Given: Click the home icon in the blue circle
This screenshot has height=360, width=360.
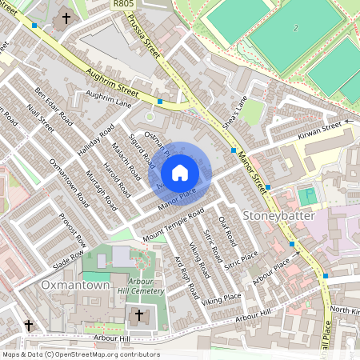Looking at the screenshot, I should (180, 172).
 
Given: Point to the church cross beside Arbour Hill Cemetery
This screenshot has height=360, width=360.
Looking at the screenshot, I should (138, 316).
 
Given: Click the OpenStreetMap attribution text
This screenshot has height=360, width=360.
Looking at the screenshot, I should (80, 354).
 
